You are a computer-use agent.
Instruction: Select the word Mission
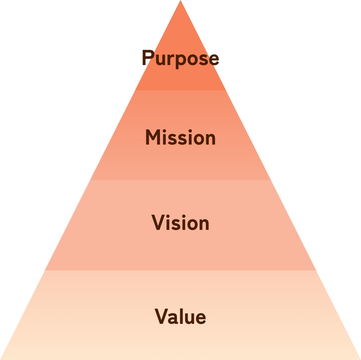click(x=180, y=138)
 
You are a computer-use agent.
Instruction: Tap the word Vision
click(x=180, y=223)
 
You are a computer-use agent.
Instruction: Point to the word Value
click(x=180, y=317)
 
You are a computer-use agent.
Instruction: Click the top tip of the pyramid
click(x=180, y=1)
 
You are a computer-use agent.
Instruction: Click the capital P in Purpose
click(x=147, y=58)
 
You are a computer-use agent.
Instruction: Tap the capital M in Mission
click(x=152, y=138)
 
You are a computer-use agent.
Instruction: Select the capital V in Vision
click(x=158, y=223)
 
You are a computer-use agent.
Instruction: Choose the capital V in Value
click(x=161, y=317)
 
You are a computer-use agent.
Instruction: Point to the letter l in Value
click(x=179, y=316)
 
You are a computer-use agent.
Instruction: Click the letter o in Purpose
click(x=192, y=60)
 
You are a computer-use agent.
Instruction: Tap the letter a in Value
click(x=172, y=318)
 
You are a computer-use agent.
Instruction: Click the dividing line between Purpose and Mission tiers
click(x=180, y=90)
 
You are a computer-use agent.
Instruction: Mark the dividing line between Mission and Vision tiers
click(x=180, y=180)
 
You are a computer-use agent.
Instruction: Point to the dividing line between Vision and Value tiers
click(x=180, y=270)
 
